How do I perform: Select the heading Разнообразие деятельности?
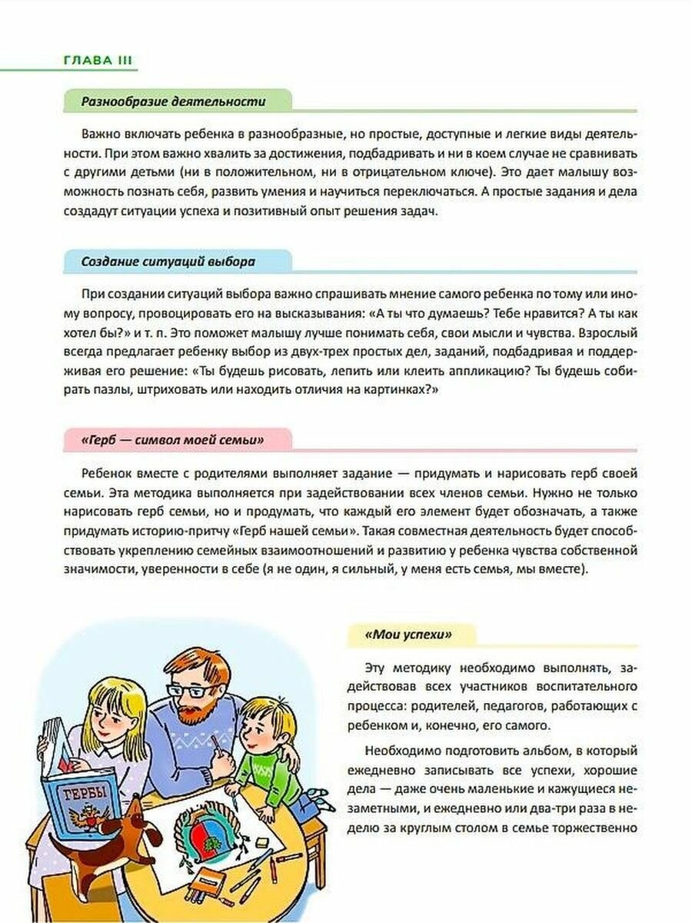pos(174,101)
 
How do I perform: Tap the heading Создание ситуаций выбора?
pos(168,262)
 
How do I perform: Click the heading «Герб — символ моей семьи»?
pos(172,440)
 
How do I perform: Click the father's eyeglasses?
pos(190,691)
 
